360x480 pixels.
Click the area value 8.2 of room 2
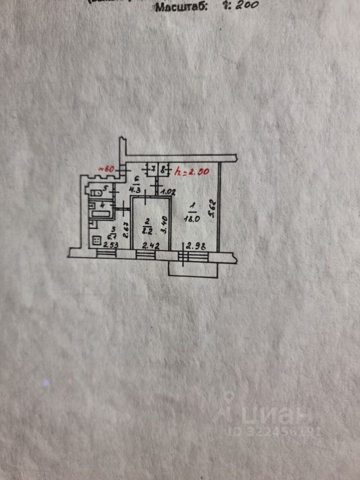[147, 230]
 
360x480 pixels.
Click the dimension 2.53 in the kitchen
[110, 245]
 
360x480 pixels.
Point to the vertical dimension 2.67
[126, 231]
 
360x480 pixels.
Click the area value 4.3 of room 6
[135, 190]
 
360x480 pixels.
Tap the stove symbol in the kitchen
[94, 241]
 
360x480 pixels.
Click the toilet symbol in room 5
[94, 191]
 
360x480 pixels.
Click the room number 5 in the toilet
[105, 188]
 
